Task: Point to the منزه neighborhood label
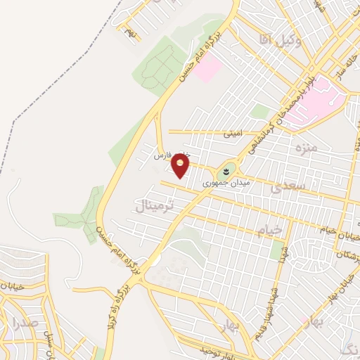(x=307, y=148)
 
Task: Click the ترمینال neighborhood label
(x=150, y=206)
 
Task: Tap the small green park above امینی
(x=260, y=111)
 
